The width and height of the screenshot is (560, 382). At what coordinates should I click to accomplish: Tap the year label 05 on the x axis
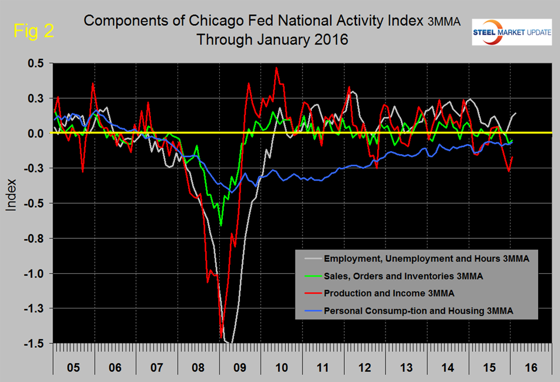coord(74,368)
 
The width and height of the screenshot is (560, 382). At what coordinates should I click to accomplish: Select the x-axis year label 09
coord(241,368)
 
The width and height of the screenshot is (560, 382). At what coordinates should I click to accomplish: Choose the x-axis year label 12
coord(365,368)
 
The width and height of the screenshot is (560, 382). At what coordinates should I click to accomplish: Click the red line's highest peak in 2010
coord(276,68)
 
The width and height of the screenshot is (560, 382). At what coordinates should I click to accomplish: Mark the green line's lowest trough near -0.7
coord(221,225)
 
